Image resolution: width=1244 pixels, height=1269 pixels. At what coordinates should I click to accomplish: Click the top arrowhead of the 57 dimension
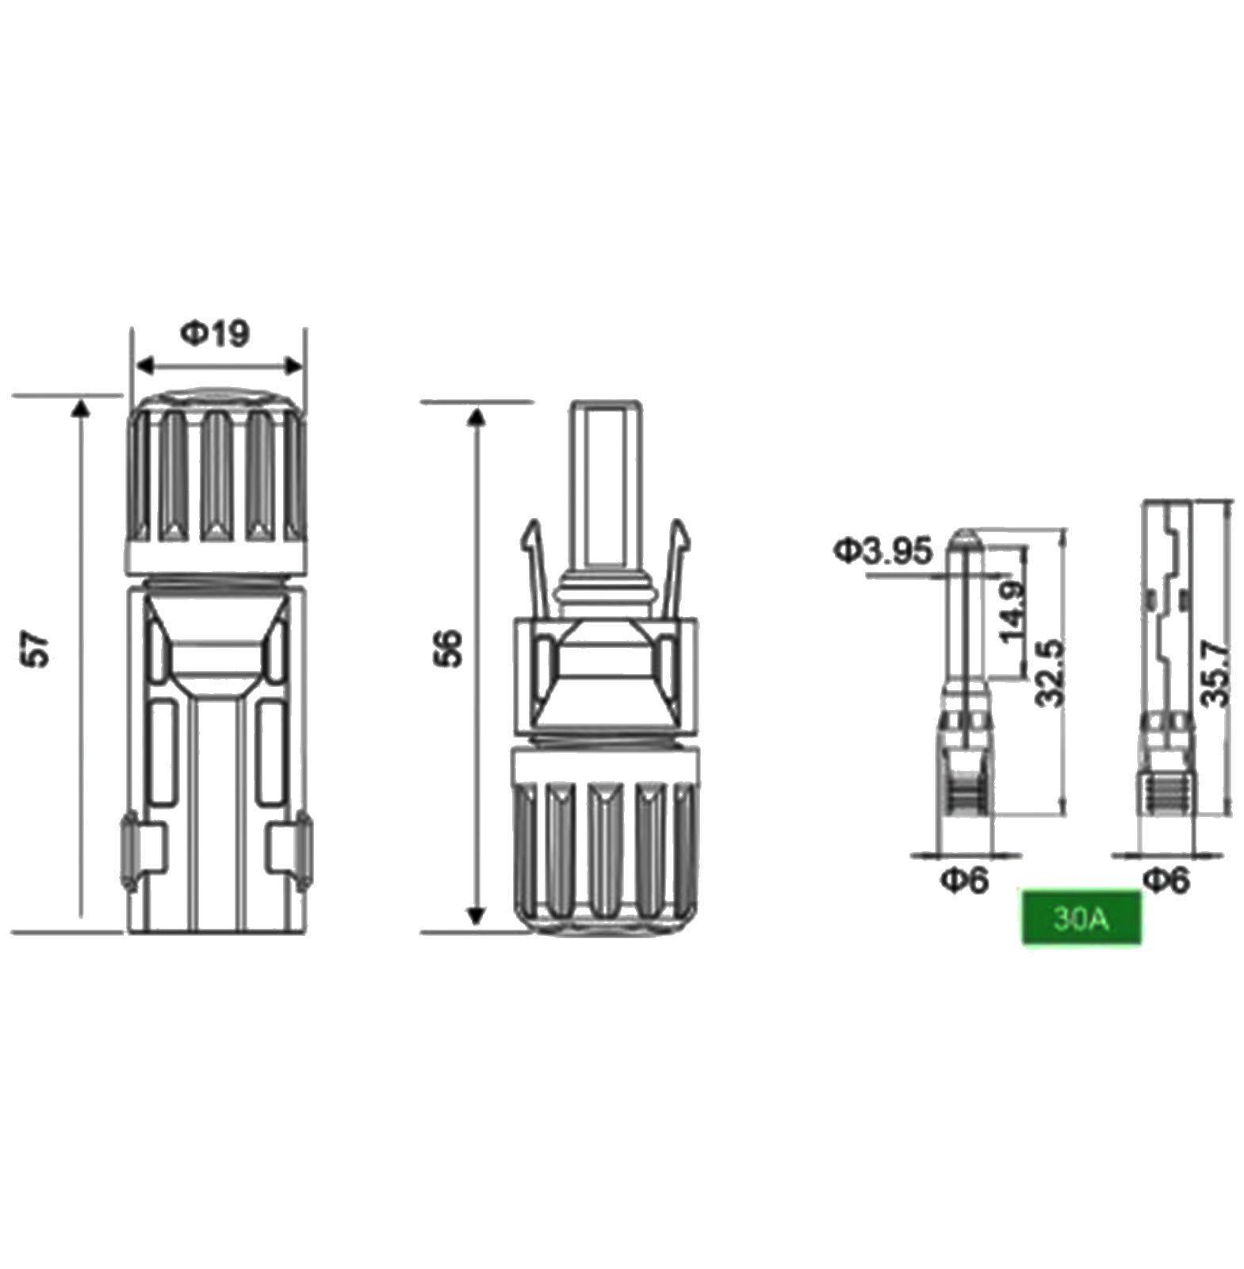tap(80, 408)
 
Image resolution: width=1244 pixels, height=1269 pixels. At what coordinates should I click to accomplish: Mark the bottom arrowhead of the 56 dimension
tap(476, 915)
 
